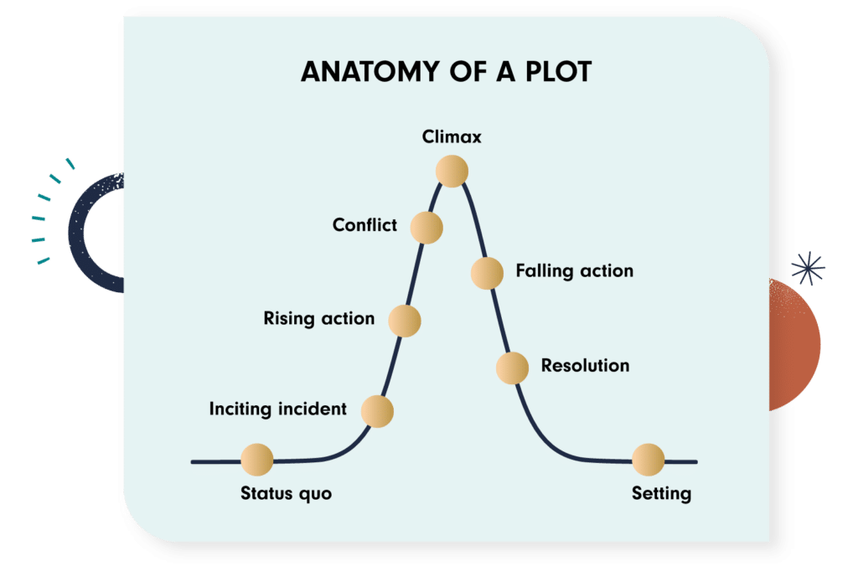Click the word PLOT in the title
pyautogui.click(x=555, y=72)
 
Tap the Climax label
pyautogui.click(x=452, y=136)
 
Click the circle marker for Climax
pyautogui.click(x=452, y=171)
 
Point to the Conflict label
pyautogui.click(x=364, y=224)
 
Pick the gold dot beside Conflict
pyautogui.click(x=426, y=227)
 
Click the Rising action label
pyautogui.click(x=318, y=318)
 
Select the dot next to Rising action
pyautogui.click(x=404, y=321)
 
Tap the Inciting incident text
pyautogui.click(x=277, y=409)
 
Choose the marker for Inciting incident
pyautogui.click(x=377, y=411)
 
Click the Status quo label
pyautogui.click(x=286, y=493)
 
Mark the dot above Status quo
pyautogui.click(x=257, y=460)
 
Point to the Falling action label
pyautogui.click(x=574, y=271)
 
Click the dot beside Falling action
pyautogui.click(x=487, y=273)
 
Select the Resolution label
pyautogui.click(x=585, y=366)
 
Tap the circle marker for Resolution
pyautogui.click(x=512, y=368)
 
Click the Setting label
pyautogui.click(x=661, y=493)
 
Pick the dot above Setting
pyautogui.click(x=648, y=460)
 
